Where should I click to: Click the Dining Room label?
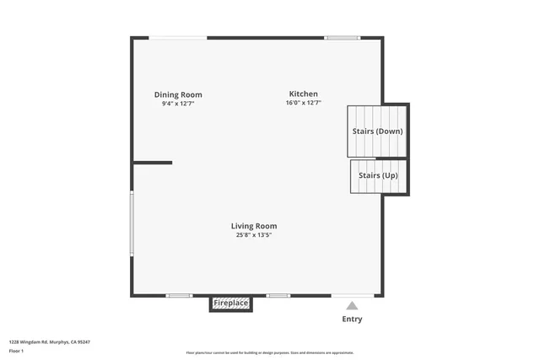178,94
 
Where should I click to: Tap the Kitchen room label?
303,94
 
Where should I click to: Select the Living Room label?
254,226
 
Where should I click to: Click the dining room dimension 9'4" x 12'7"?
178,104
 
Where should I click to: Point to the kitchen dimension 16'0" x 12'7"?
303,103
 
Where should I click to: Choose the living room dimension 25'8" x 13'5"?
254,235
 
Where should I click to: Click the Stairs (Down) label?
377,132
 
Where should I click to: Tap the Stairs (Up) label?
378,175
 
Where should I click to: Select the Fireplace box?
230,303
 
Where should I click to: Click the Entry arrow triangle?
352,306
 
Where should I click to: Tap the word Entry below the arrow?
352,319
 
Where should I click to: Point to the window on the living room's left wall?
132,223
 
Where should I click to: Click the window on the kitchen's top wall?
343,37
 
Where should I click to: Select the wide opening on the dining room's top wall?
178,37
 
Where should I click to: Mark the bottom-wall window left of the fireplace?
179,295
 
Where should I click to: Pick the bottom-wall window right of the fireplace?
278,295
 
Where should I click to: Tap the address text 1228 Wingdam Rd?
49,341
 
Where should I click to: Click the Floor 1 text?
16,350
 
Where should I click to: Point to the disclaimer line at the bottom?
270,353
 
